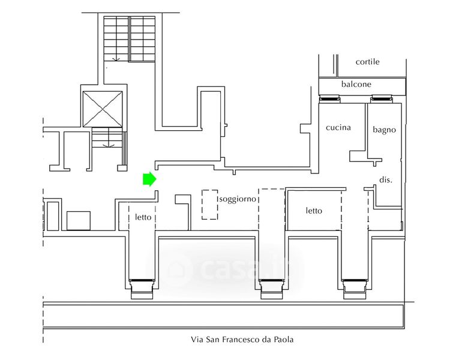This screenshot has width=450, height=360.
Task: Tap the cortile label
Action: [x=367, y=62]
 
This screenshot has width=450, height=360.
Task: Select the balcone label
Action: [x=356, y=85]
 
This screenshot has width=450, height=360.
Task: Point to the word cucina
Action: [x=338, y=128]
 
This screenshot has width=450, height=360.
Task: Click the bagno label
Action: [x=384, y=129]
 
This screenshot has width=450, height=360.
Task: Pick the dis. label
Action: [x=386, y=179]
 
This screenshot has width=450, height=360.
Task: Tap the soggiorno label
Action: [x=238, y=199]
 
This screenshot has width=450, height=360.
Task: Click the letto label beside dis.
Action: [x=314, y=211]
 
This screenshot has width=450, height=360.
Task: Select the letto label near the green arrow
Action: [x=143, y=217]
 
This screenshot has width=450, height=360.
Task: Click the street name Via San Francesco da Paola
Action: [x=242, y=340]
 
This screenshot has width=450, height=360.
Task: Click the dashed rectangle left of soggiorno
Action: [x=209, y=205]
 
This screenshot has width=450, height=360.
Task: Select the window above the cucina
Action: [x=329, y=99]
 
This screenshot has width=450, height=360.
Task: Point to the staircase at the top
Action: [x=129, y=38]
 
